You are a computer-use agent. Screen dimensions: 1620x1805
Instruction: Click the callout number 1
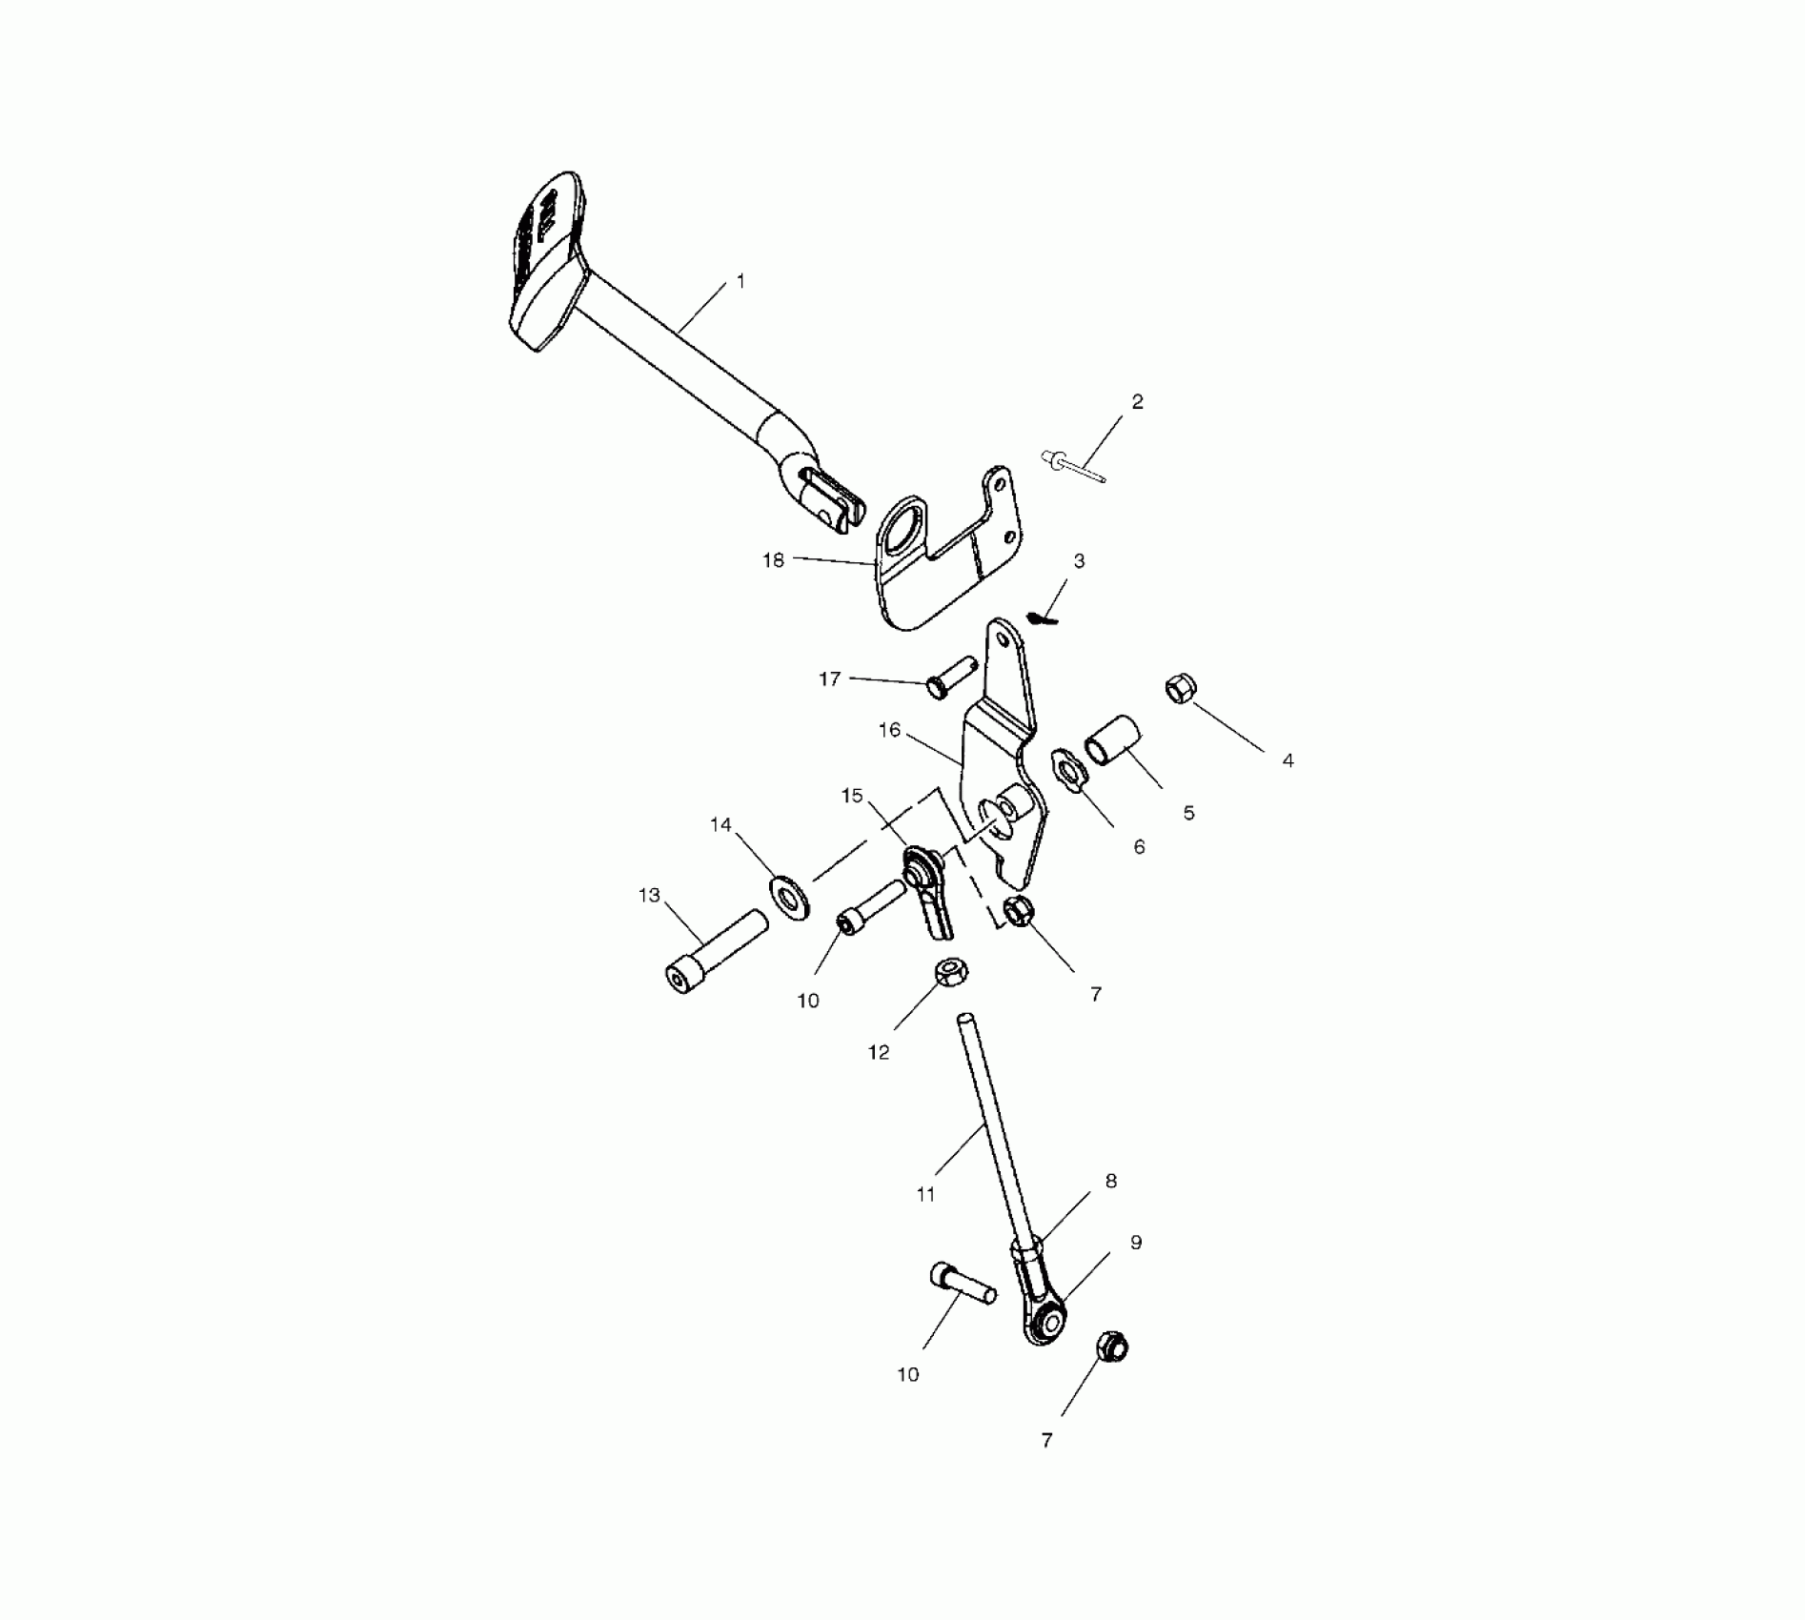tap(741, 282)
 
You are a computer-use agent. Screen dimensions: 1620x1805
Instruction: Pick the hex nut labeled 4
tap(1180, 689)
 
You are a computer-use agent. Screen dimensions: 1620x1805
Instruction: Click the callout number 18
tap(773, 560)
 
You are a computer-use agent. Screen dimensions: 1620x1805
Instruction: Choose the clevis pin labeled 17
tap(950, 676)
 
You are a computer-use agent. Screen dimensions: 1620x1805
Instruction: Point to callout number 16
tap(889, 731)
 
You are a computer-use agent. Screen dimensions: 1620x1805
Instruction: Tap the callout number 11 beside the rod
tap(925, 1194)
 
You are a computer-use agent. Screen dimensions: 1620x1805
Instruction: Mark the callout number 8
tap(1110, 1182)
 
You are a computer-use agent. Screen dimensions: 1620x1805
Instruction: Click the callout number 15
tap(852, 796)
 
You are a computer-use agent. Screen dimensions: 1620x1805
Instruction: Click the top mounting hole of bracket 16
tap(1003, 640)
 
